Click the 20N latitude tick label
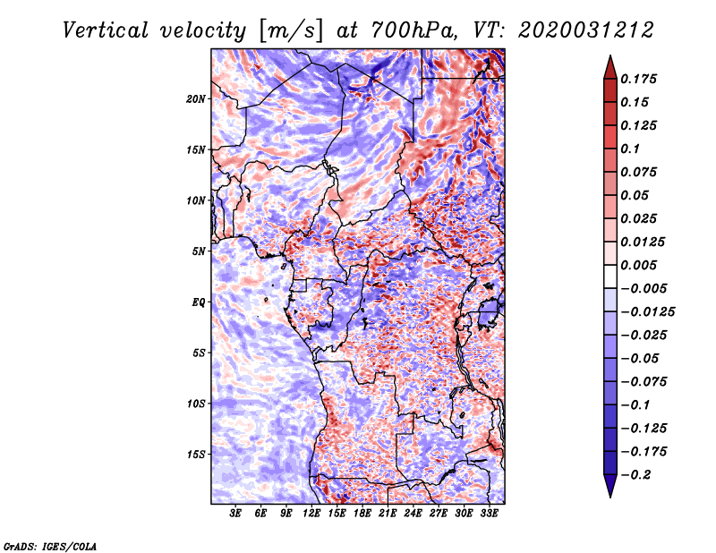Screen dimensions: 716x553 pos(196,99)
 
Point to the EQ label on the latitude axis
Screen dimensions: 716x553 pos(198,302)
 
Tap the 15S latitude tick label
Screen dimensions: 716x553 pos(196,455)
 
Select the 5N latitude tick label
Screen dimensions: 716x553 pos(198,251)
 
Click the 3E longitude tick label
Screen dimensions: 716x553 pos(234,514)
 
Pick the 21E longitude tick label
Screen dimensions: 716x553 pos(388,514)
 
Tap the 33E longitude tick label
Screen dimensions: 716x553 pos(489,514)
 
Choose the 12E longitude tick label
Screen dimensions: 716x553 pos(311,514)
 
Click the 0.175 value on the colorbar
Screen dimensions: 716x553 pos(638,79)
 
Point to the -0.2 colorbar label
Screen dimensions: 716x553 pos(635,475)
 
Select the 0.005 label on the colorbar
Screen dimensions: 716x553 pos(638,265)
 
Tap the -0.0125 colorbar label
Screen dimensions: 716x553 pos(647,312)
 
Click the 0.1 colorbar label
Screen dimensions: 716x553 pos(630,149)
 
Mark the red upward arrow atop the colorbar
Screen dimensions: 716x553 pos(610,67)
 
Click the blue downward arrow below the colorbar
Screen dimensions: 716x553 pos(610,486)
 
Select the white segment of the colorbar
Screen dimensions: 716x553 pos(610,276)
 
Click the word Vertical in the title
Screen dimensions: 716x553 pos(106,30)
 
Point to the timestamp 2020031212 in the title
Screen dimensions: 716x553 pos(586,30)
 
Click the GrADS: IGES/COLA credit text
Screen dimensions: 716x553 pos(50,547)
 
